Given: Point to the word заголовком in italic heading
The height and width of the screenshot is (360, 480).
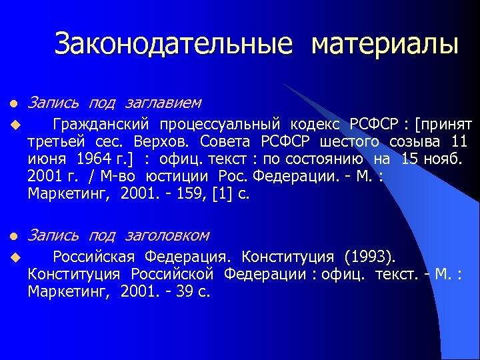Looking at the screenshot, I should click(167, 235).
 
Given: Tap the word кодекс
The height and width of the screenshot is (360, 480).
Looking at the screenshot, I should click(313, 125).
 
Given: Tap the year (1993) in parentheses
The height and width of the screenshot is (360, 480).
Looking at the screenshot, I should click(369, 257).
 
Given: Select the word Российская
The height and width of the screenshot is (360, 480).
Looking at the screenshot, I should click(93, 257).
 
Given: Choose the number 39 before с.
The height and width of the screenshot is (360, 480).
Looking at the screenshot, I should click(183, 292).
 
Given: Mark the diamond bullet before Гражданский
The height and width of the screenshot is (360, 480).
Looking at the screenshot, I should click(12, 125).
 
